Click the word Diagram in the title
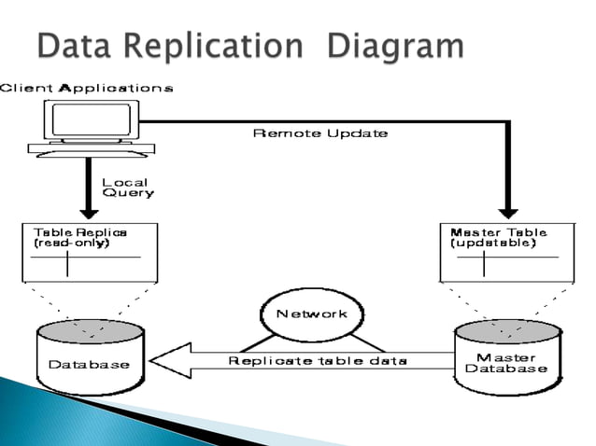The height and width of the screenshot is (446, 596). coord(396,48)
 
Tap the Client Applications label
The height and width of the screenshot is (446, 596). coord(86,89)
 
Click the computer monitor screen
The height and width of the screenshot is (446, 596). coord(91,120)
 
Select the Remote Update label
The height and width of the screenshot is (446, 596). coord(320,133)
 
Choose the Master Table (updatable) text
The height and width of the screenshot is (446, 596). coord(498,237)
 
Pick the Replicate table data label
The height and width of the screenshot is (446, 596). coord(319,360)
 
